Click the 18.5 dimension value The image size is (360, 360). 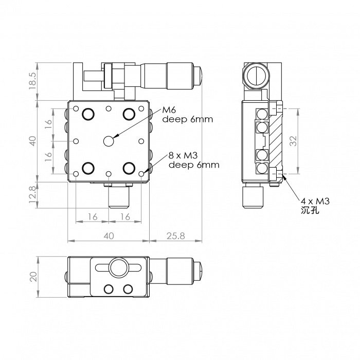click(x=32, y=81)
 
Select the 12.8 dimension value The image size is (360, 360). click(x=32, y=195)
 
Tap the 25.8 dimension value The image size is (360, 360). click(x=176, y=236)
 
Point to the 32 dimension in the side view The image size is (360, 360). click(x=293, y=141)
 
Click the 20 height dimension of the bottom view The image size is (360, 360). click(x=33, y=277)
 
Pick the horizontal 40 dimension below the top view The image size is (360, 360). click(x=109, y=236)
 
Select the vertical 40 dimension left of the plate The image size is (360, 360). click(x=33, y=141)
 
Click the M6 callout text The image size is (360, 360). click(x=169, y=110)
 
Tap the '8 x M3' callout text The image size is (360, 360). click(x=183, y=156)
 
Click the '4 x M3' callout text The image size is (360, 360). click(x=315, y=202)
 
